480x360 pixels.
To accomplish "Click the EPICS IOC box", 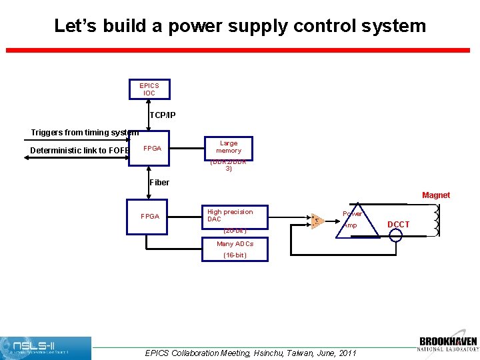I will point(149,89).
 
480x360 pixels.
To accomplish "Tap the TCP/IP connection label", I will point(163,115).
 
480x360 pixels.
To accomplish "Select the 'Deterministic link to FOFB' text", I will point(80,150).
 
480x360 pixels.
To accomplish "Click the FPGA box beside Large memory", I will point(152,148).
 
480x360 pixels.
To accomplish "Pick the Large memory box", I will point(229,147).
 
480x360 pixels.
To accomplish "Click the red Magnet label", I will point(436,195).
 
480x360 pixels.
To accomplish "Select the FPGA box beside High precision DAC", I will point(150,217).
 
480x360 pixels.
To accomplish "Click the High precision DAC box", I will point(230,216).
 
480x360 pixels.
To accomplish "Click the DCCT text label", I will point(399,225).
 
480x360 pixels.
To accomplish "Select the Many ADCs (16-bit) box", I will point(235,250).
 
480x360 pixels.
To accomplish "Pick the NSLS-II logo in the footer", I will point(45,348).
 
